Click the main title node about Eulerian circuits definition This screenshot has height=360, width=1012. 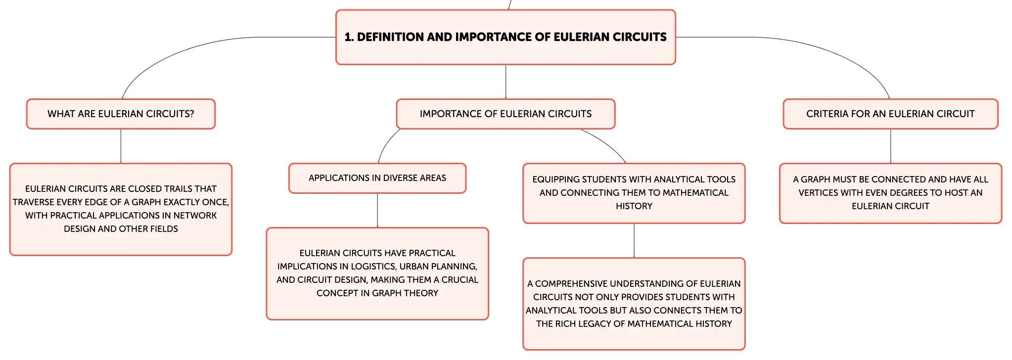pos(506,37)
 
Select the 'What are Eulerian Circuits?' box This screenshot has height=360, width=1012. pos(121,114)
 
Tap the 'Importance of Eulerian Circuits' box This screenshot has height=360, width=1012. pos(506,114)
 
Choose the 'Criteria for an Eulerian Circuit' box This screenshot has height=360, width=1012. pos(890,114)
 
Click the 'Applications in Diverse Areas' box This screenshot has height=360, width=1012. pos(377,178)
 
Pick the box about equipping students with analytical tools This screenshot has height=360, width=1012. pos(634,193)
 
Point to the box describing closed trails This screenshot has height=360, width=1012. pos(121,209)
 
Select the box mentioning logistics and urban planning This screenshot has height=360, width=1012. pos(377,273)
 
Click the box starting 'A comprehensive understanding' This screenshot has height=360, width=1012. pos(634,304)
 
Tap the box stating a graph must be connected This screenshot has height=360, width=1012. pos(890,193)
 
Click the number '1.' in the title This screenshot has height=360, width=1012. pos(349,37)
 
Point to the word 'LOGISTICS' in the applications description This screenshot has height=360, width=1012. pos(373,267)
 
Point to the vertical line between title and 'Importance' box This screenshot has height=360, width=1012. pos(506,82)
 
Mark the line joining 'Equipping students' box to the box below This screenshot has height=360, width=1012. pos(634,240)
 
